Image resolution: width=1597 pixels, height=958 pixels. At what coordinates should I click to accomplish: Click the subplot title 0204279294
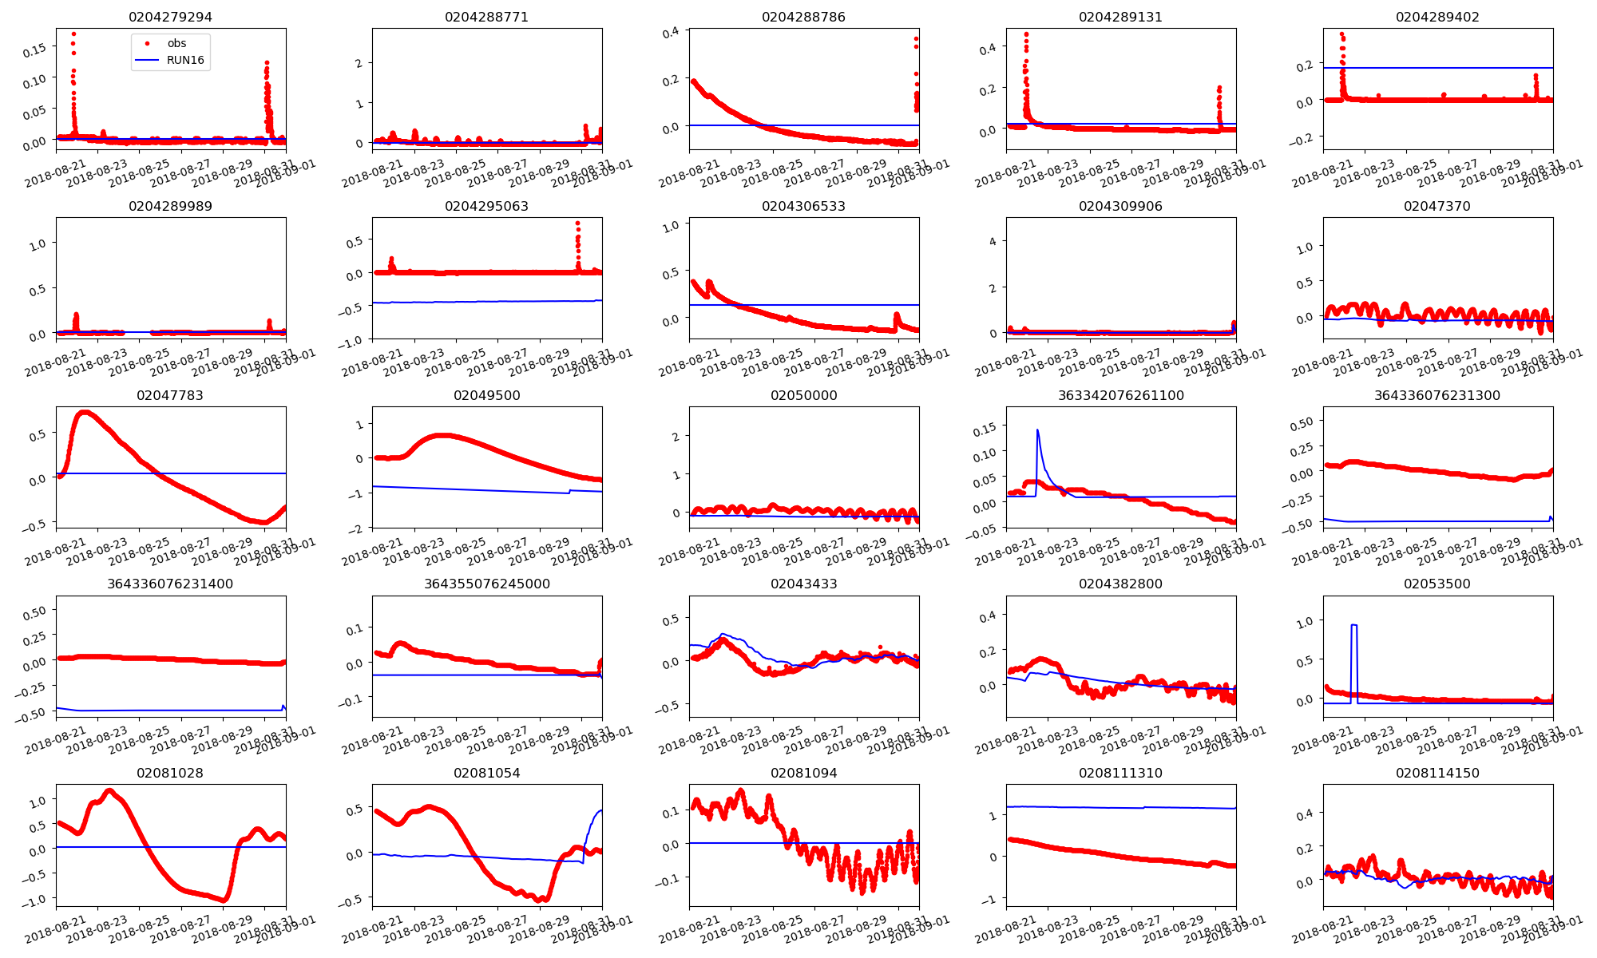coord(170,17)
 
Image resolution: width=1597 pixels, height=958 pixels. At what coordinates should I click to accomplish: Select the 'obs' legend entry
coord(176,43)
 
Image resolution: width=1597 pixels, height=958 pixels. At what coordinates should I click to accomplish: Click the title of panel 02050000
coord(803,395)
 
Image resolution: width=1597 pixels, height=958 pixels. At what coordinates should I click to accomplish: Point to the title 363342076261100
coord(1120,395)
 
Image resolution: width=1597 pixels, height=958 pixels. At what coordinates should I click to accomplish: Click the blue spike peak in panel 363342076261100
coord(1037,430)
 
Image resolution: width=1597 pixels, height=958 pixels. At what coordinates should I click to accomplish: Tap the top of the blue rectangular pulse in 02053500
coord(1353,625)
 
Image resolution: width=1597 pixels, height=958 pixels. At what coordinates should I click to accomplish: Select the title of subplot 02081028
coord(170,773)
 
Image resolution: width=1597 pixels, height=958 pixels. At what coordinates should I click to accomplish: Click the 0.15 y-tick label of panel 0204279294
coord(34,49)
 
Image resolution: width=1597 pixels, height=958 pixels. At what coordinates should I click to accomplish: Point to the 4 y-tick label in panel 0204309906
coord(993,241)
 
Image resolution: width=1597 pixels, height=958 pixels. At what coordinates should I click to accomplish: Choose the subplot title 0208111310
coord(1120,773)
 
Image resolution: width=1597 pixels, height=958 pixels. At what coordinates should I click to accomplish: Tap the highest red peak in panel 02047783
coord(85,412)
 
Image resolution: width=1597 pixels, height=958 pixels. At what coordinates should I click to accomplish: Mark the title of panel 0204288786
coord(803,17)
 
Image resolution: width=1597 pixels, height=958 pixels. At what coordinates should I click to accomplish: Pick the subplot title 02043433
coord(803,584)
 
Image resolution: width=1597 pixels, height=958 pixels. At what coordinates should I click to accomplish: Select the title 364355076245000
coord(487,584)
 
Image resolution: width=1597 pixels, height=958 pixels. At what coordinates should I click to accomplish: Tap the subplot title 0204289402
coord(1437,17)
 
